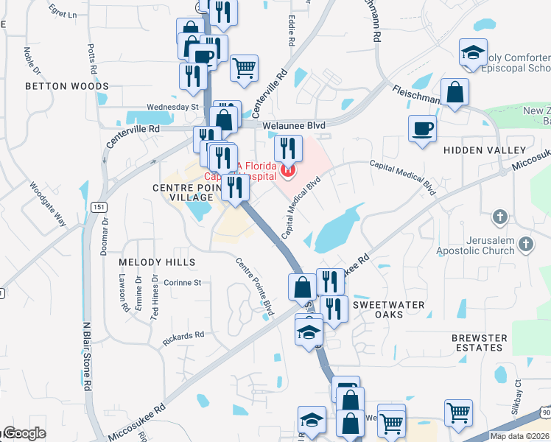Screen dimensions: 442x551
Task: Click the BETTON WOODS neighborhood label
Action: (x=67, y=86)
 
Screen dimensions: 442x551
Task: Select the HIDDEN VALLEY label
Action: (x=485, y=150)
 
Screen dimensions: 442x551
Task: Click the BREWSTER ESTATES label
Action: (x=480, y=343)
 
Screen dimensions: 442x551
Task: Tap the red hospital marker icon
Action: (x=288, y=172)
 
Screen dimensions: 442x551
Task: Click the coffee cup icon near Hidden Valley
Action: (x=422, y=127)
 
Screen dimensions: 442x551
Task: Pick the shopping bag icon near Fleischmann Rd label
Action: (x=456, y=94)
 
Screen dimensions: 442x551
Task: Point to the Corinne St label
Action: (x=182, y=282)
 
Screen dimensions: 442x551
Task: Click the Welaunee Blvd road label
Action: (x=295, y=125)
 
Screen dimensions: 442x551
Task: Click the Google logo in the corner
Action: (x=24, y=434)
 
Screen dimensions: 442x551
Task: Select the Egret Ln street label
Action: (x=62, y=14)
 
